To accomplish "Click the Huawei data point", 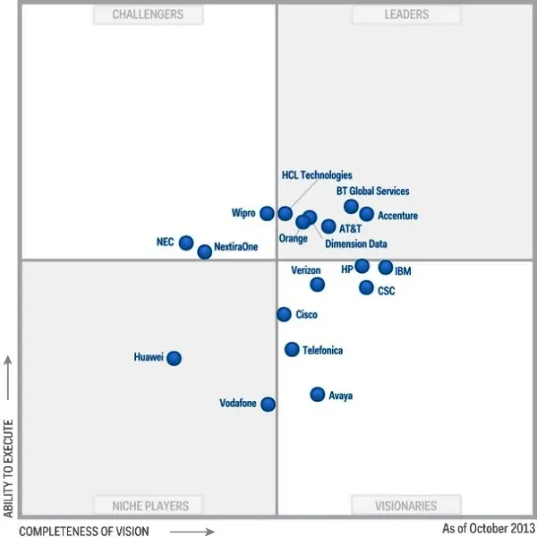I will click(x=174, y=358).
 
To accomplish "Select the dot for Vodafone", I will click(x=268, y=404).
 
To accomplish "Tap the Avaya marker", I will click(x=317, y=394).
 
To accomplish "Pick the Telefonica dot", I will click(x=292, y=349).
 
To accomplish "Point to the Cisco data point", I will click(x=284, y=314).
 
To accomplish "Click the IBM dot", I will click(x=386, y=267).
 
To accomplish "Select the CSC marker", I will click(x=366, y=287).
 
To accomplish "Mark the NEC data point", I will click(x=186, y=243).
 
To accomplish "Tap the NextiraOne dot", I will click(x=205, y=251).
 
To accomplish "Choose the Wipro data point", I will click(x=267, y=213).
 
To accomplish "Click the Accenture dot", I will click(x=366, y=214).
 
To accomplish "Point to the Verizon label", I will click(x=306, y=270).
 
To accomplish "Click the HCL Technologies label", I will click(x=317, y=175).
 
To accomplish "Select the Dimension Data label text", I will click(x=356, y=243).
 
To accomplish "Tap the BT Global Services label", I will click(x=372, y=191).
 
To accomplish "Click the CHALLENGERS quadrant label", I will click(x=148, y=14).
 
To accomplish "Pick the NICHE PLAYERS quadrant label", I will click(x=150, y=506).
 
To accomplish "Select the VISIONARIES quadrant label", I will click(x=406, y=506).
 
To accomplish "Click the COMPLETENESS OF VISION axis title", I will click(x=84, y=531).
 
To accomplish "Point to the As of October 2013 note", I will click(x=488, y=528).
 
